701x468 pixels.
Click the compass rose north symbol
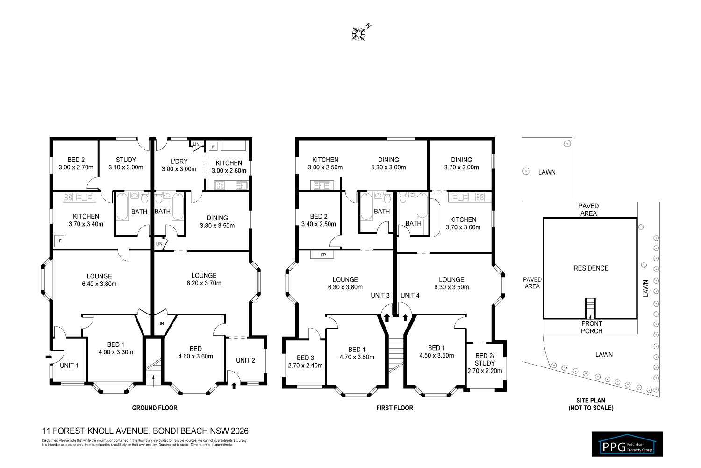coord(359,33)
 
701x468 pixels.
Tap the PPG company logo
coord(627,444)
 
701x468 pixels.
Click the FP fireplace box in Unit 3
coord(323,255)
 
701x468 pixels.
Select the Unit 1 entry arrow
coord(49,357)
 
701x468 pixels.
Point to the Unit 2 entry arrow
coord(234,386)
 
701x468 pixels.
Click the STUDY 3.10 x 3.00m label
coord(126,163)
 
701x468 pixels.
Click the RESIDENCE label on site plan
coord(591,268)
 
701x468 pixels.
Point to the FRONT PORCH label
coord(591,327)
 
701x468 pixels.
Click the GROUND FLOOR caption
coord(155,408)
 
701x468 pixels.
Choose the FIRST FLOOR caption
coord(394,408)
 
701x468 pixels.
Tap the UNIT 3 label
coord(380,295)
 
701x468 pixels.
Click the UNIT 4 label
coord(410,295)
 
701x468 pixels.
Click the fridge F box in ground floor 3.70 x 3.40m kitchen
coord(60,241)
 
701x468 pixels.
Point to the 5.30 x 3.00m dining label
coord(388,163)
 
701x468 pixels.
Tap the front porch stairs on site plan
coord(591,308)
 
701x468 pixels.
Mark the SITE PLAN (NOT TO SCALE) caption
coord(591,404)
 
